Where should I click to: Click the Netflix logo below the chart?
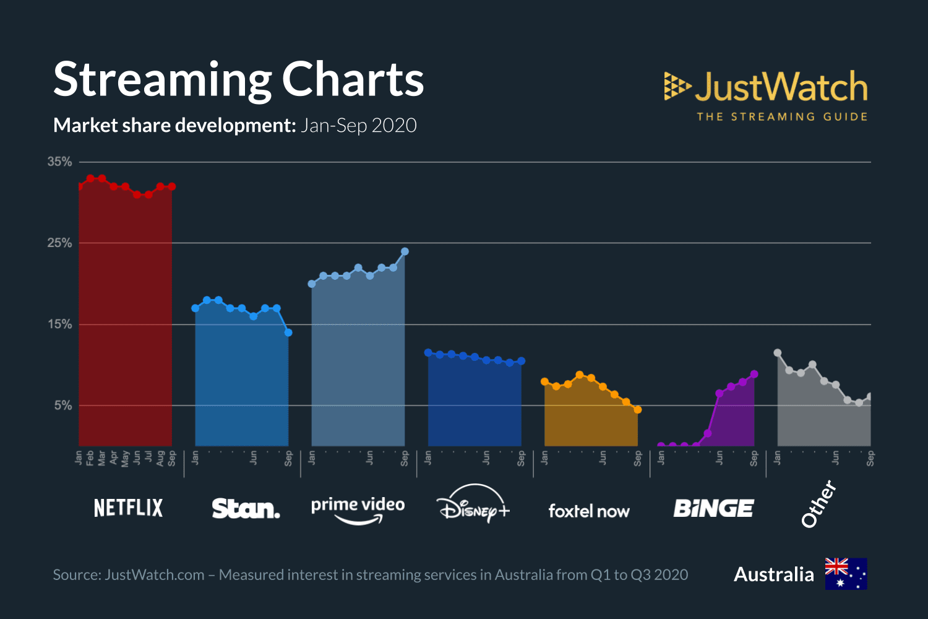[128, 508]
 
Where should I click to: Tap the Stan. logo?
[246, 509]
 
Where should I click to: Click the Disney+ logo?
[473, 504]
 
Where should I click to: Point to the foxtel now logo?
[588, 511]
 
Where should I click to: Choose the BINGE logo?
[713, 509]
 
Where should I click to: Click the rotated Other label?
[818, 504]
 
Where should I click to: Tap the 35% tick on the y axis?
[60, 162]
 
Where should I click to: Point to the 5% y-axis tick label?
[63, 405]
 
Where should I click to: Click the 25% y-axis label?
[60, 243]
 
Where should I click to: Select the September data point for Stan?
[288, 332]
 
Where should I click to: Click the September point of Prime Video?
[405, 251]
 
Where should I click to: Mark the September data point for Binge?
[754, 374]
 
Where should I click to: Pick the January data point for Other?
[778, 353]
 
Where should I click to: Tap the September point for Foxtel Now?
[638, 410]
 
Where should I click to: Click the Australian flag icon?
[846, 574]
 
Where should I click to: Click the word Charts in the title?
[353, 80]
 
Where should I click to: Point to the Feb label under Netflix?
[90, 458]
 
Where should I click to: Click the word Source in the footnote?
[77, 575]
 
